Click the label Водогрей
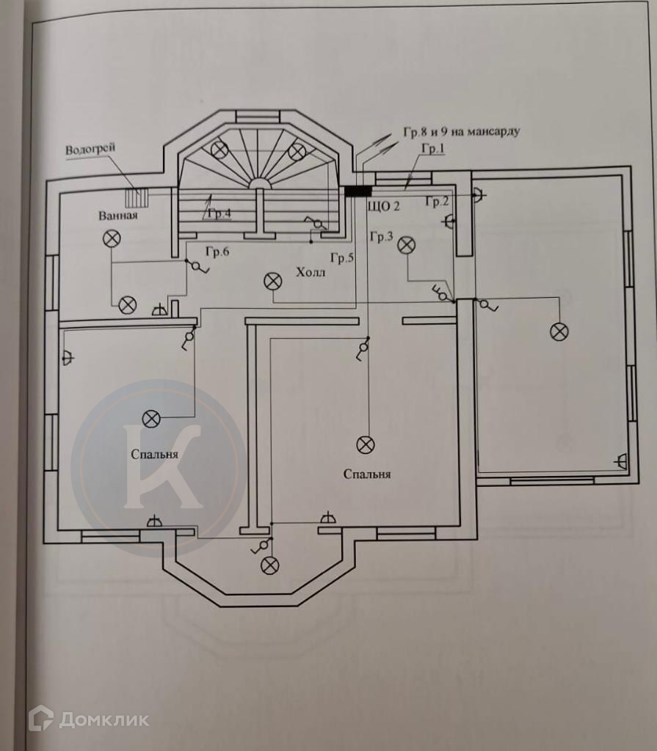(90, 149)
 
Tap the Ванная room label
(118, 216)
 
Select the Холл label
(311, 273)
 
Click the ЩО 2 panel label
(383, 206)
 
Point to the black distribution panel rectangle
(358, 191)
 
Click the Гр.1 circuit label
(433, 148)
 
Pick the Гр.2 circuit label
(437, 202)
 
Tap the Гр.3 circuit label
(382, 236)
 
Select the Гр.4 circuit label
(219, 213)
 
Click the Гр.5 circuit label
(342, 258)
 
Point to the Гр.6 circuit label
(217, 252)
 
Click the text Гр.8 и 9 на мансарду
(462, 132)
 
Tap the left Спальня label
(154, 455)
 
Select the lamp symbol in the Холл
(273, 282)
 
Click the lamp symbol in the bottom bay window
(269, 565)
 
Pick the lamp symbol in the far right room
(559, 332)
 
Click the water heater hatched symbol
(137, 197)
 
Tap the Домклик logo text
(104, 719)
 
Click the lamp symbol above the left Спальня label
(151, 419)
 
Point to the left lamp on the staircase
(220, 150)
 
